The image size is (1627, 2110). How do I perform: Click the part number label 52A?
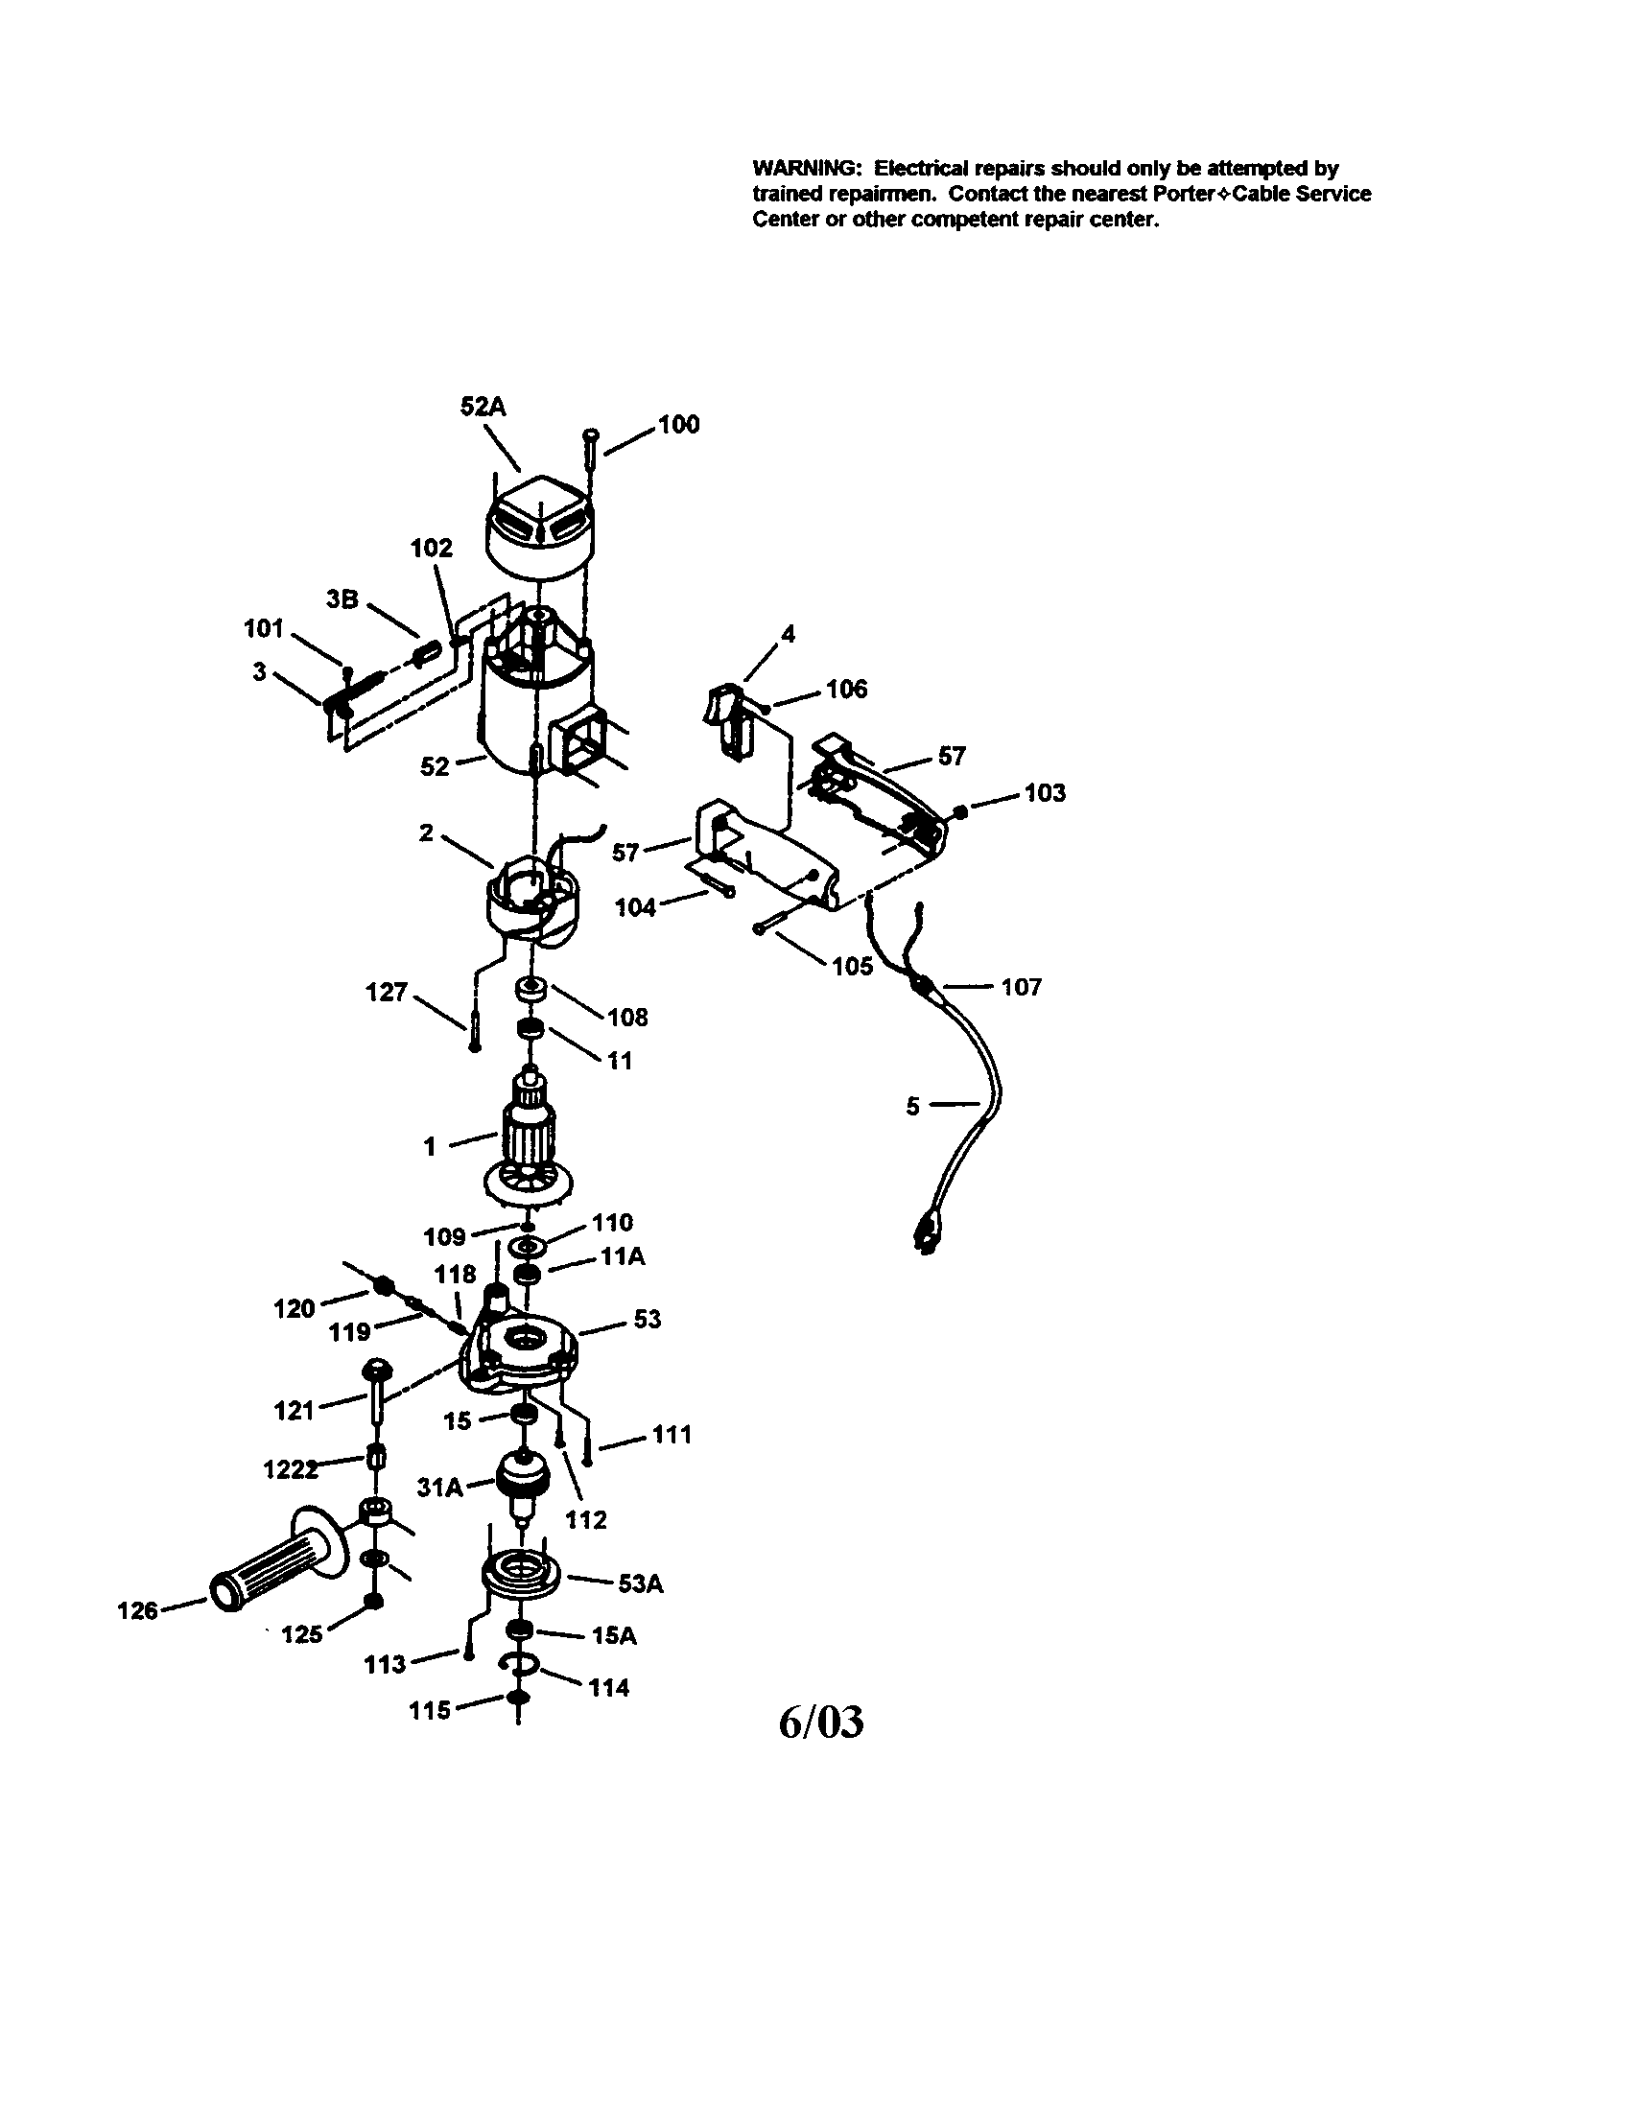coord(483,407)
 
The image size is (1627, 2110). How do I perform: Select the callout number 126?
coord(137,1610)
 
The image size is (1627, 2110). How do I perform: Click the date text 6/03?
coord(821,1721)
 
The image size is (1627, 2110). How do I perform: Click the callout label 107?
coord(1022,986)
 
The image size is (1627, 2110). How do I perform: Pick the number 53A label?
coord(642,1583)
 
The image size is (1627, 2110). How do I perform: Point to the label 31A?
coord(439,1488)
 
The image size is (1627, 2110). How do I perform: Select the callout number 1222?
coord(291,1469)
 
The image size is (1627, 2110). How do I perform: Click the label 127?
coord(387,993)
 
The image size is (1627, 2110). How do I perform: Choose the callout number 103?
coord(1045,792)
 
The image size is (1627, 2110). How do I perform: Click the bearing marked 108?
coord(531,992)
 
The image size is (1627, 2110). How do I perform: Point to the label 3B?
coord(342,599)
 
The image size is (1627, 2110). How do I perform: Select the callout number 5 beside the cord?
coord(912,1106)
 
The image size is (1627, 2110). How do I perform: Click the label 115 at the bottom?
coord(430,1710)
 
